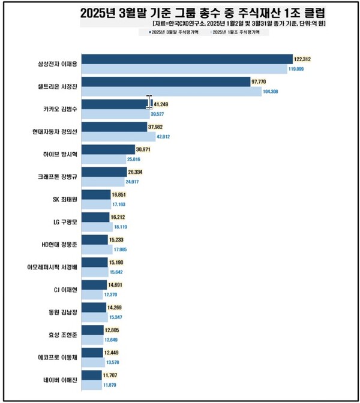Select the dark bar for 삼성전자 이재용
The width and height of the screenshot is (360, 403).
(186, 59)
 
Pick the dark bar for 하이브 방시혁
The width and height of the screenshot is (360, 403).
(107, 149)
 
